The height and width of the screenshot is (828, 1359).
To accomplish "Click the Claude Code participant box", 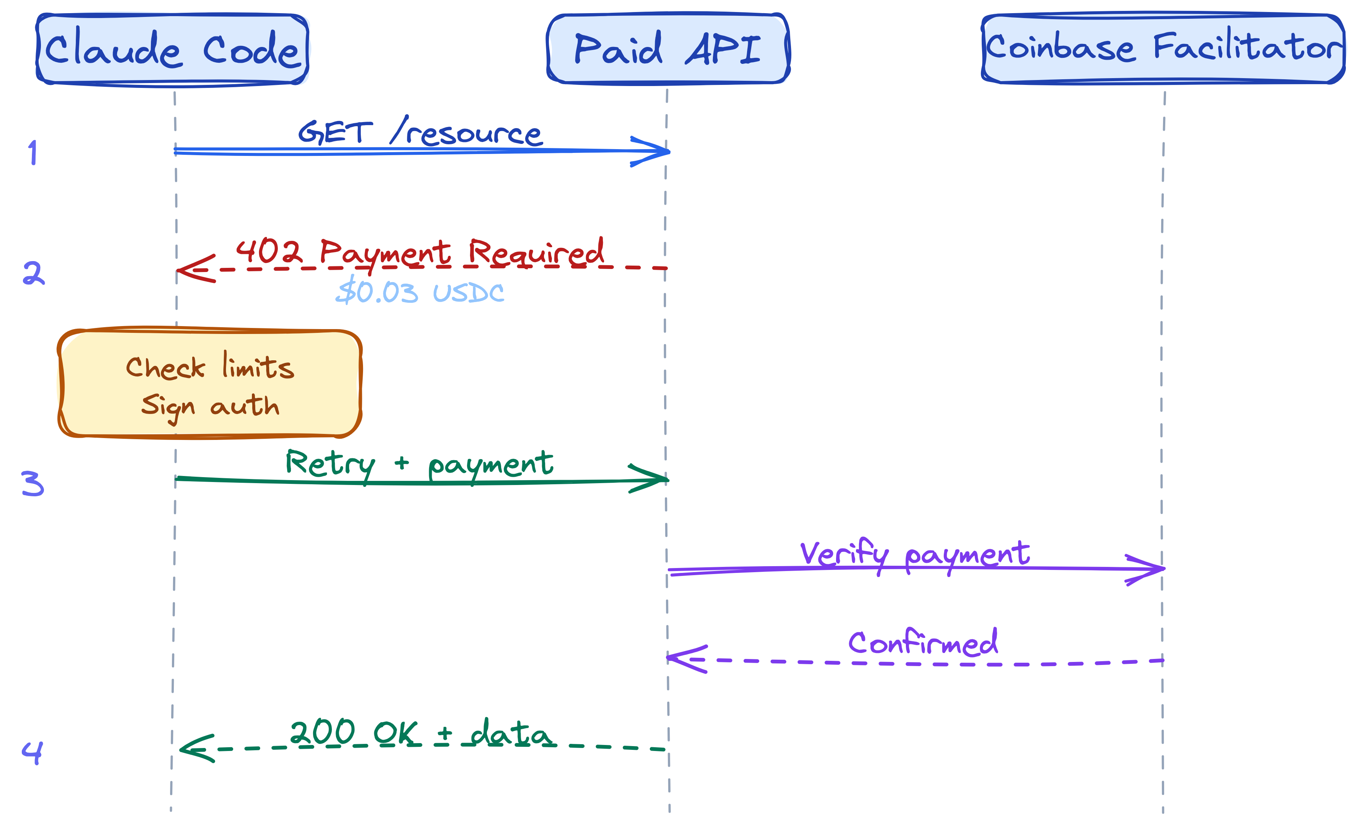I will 172,49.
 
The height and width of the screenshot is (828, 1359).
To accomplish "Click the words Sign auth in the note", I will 210,406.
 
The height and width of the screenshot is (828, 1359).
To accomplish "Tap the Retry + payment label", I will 419,464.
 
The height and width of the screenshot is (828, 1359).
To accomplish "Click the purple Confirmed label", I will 923,643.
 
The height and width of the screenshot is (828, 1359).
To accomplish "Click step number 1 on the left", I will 33,153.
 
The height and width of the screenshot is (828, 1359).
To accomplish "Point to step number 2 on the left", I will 33,273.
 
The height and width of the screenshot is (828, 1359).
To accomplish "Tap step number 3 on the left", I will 33,483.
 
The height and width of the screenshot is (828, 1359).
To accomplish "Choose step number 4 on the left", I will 32,751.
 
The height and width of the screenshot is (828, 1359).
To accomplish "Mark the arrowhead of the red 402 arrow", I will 193,269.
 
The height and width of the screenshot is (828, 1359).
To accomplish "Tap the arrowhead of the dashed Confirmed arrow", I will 684,659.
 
